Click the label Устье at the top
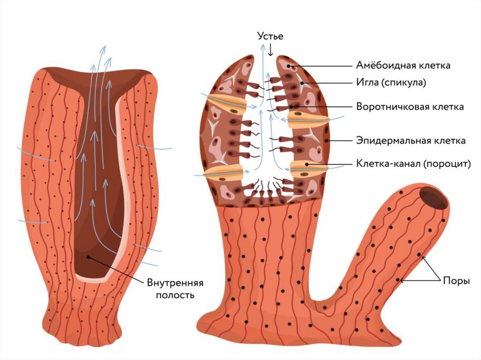tap(271, 36)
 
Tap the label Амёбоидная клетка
tap(403, 65)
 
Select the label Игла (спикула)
tap(391, 83)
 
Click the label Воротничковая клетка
tap(410, 107)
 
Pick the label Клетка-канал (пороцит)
tap(413, 164)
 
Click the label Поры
tap(455, 280)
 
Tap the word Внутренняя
tap(175, 284)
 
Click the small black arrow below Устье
tap(271, 50)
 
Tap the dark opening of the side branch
tap(433, 197)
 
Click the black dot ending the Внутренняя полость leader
tap(88, 257)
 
